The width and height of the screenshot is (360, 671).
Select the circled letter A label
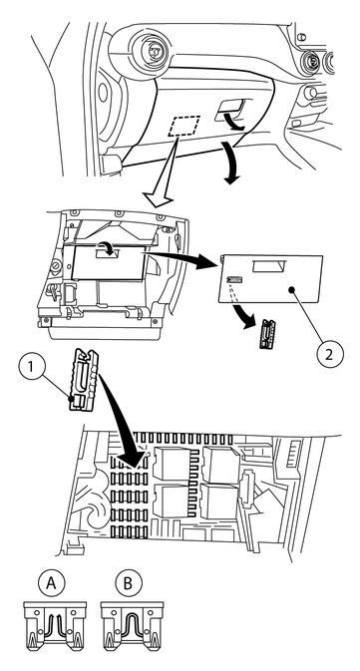[x=52, y=584]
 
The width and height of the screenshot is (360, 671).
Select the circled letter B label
[x=128, y=584]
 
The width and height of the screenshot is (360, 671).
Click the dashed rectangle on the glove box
[x=184, y=126]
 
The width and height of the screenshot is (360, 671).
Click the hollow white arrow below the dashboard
[x=160, y=171]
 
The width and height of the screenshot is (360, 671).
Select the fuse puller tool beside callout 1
[x=84, y=380]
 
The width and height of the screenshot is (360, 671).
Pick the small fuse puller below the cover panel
[x=266, y=334]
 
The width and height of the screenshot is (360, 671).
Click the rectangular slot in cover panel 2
[x=269, y=267]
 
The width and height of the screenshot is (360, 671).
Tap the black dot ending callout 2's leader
[x=291, y=290]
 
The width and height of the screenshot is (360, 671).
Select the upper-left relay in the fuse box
[x=173, y=464]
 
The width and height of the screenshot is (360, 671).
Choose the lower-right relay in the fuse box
[x=220, y=502]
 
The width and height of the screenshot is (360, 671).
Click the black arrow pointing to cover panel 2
[x=180, y=260]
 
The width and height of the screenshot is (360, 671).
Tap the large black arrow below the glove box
[x=229, y=164]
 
